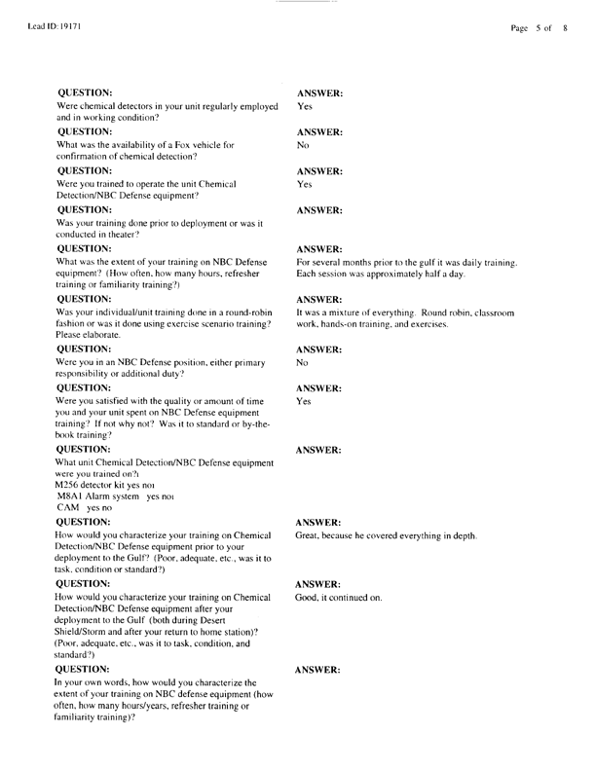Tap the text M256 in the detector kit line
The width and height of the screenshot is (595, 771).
69,484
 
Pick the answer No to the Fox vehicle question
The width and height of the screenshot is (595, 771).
302,145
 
